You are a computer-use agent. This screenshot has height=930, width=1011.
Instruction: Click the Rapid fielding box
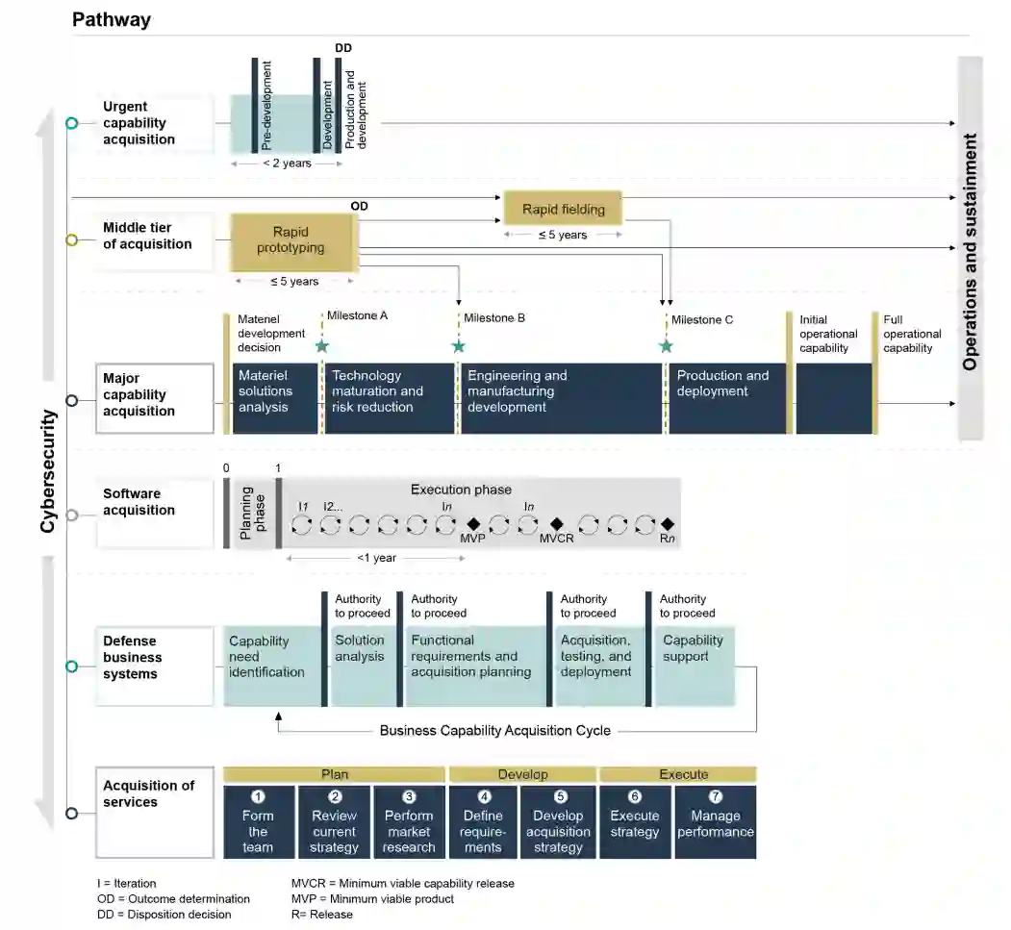click(563, 209)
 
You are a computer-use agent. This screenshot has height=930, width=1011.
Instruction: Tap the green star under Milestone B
click(458, 345)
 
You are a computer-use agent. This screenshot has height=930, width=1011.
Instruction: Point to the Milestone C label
click(701, 319)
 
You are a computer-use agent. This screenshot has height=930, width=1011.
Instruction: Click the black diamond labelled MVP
click(472, 524)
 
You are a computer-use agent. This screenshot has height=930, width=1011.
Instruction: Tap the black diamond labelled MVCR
click(556, 524)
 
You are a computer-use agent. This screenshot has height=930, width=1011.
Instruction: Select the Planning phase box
click(253, 514)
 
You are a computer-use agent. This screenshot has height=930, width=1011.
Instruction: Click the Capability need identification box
click(272, 665)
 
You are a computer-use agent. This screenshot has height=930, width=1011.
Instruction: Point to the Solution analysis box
click(362, 665)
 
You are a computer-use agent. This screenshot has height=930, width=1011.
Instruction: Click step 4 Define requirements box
click(483, 822)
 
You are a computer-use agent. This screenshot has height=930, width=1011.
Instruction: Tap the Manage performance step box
click(715, 822)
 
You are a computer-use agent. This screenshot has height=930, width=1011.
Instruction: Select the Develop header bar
click(522, 774)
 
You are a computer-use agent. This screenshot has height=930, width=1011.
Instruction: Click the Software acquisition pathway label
click(139, 502)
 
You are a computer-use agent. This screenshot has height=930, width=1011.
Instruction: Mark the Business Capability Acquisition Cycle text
click(494, 730)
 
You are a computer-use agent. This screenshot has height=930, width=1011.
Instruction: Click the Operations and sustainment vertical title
click(970, 250)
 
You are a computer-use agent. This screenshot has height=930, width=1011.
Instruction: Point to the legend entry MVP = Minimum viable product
click(372, 898)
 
